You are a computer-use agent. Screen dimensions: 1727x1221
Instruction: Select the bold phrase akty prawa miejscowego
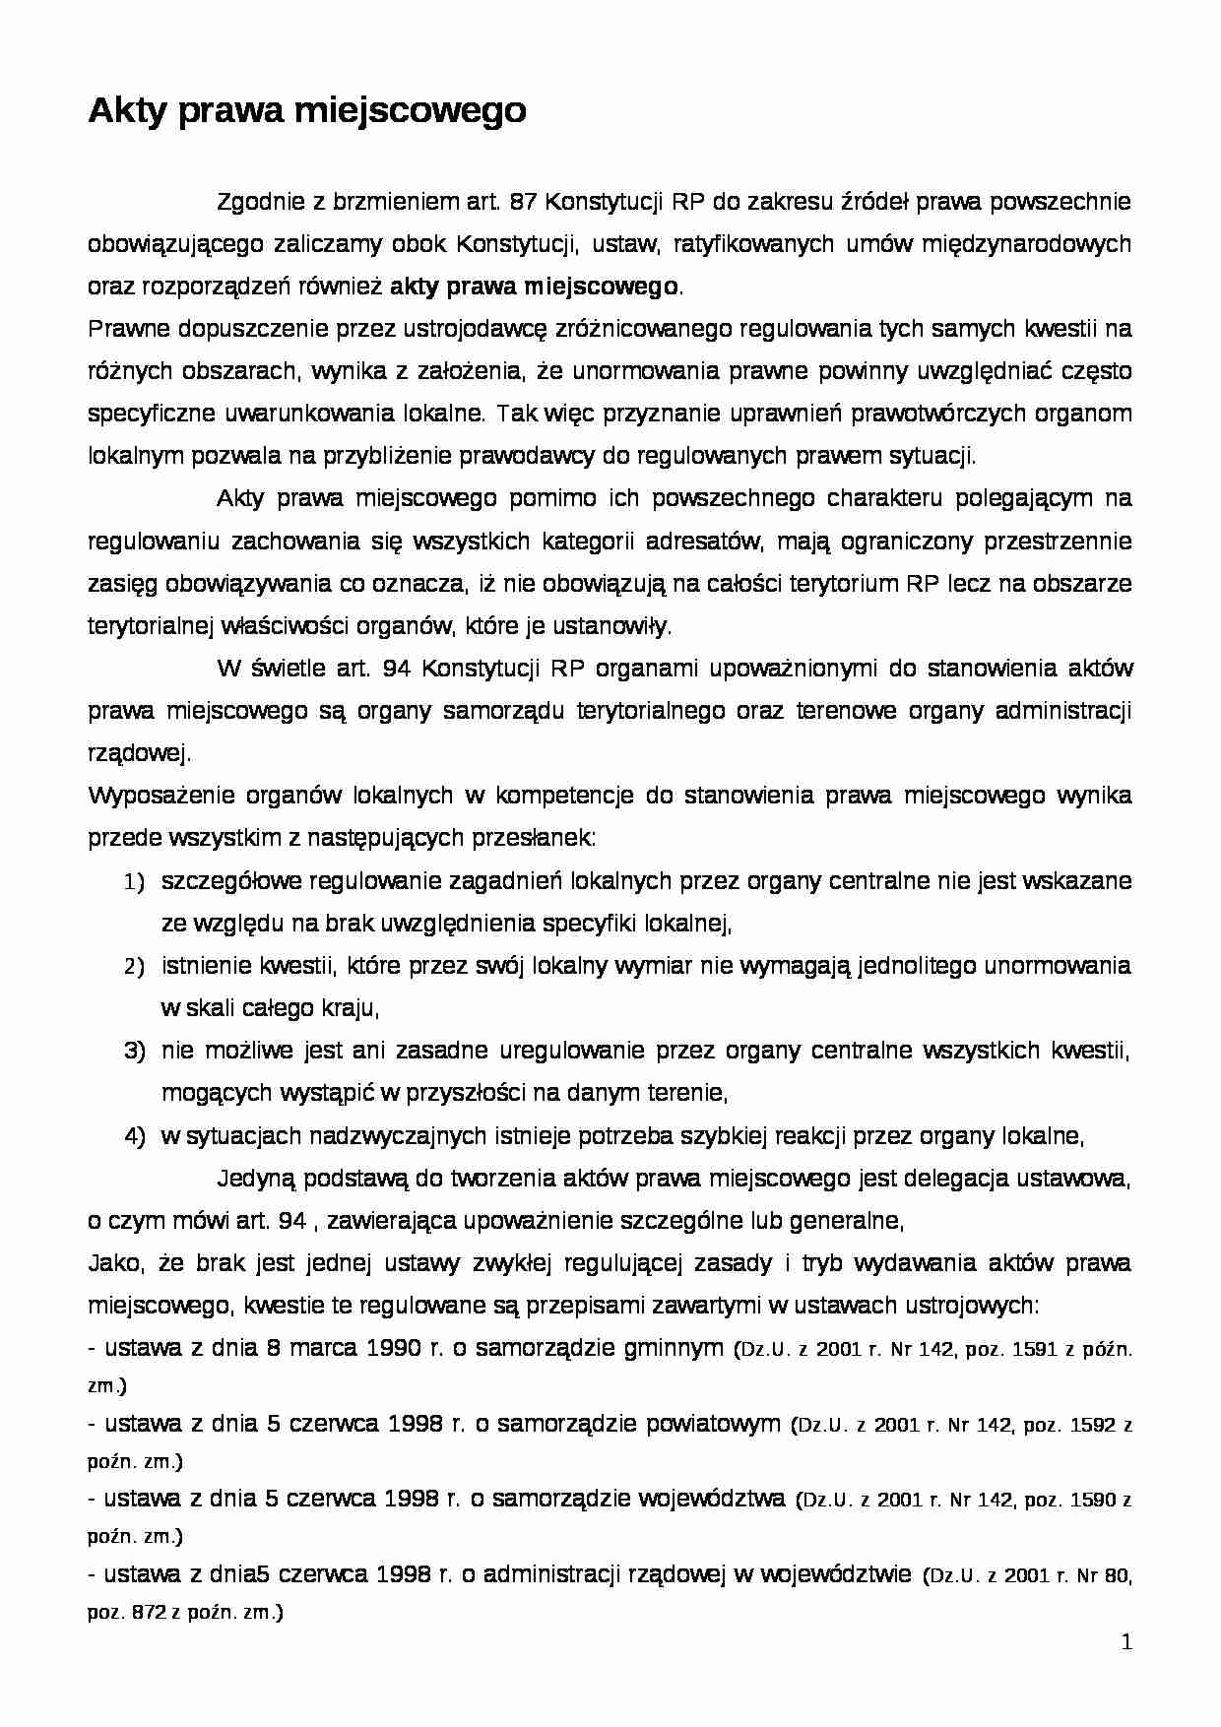coord(535,287)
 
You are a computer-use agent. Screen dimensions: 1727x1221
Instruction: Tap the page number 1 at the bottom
coord(1127,1642)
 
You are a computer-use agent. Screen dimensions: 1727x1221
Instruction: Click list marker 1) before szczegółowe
coord(135,882)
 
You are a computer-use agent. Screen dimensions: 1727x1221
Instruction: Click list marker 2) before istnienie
coord(135,967)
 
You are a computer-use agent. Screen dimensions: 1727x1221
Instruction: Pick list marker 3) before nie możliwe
coord(135,1052)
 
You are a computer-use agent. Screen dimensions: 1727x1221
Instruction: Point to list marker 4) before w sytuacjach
coord(135,1136)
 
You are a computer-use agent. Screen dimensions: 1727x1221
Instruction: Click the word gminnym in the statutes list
coord(675,1348)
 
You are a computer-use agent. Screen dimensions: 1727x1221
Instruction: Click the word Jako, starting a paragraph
coord(114,1263)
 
